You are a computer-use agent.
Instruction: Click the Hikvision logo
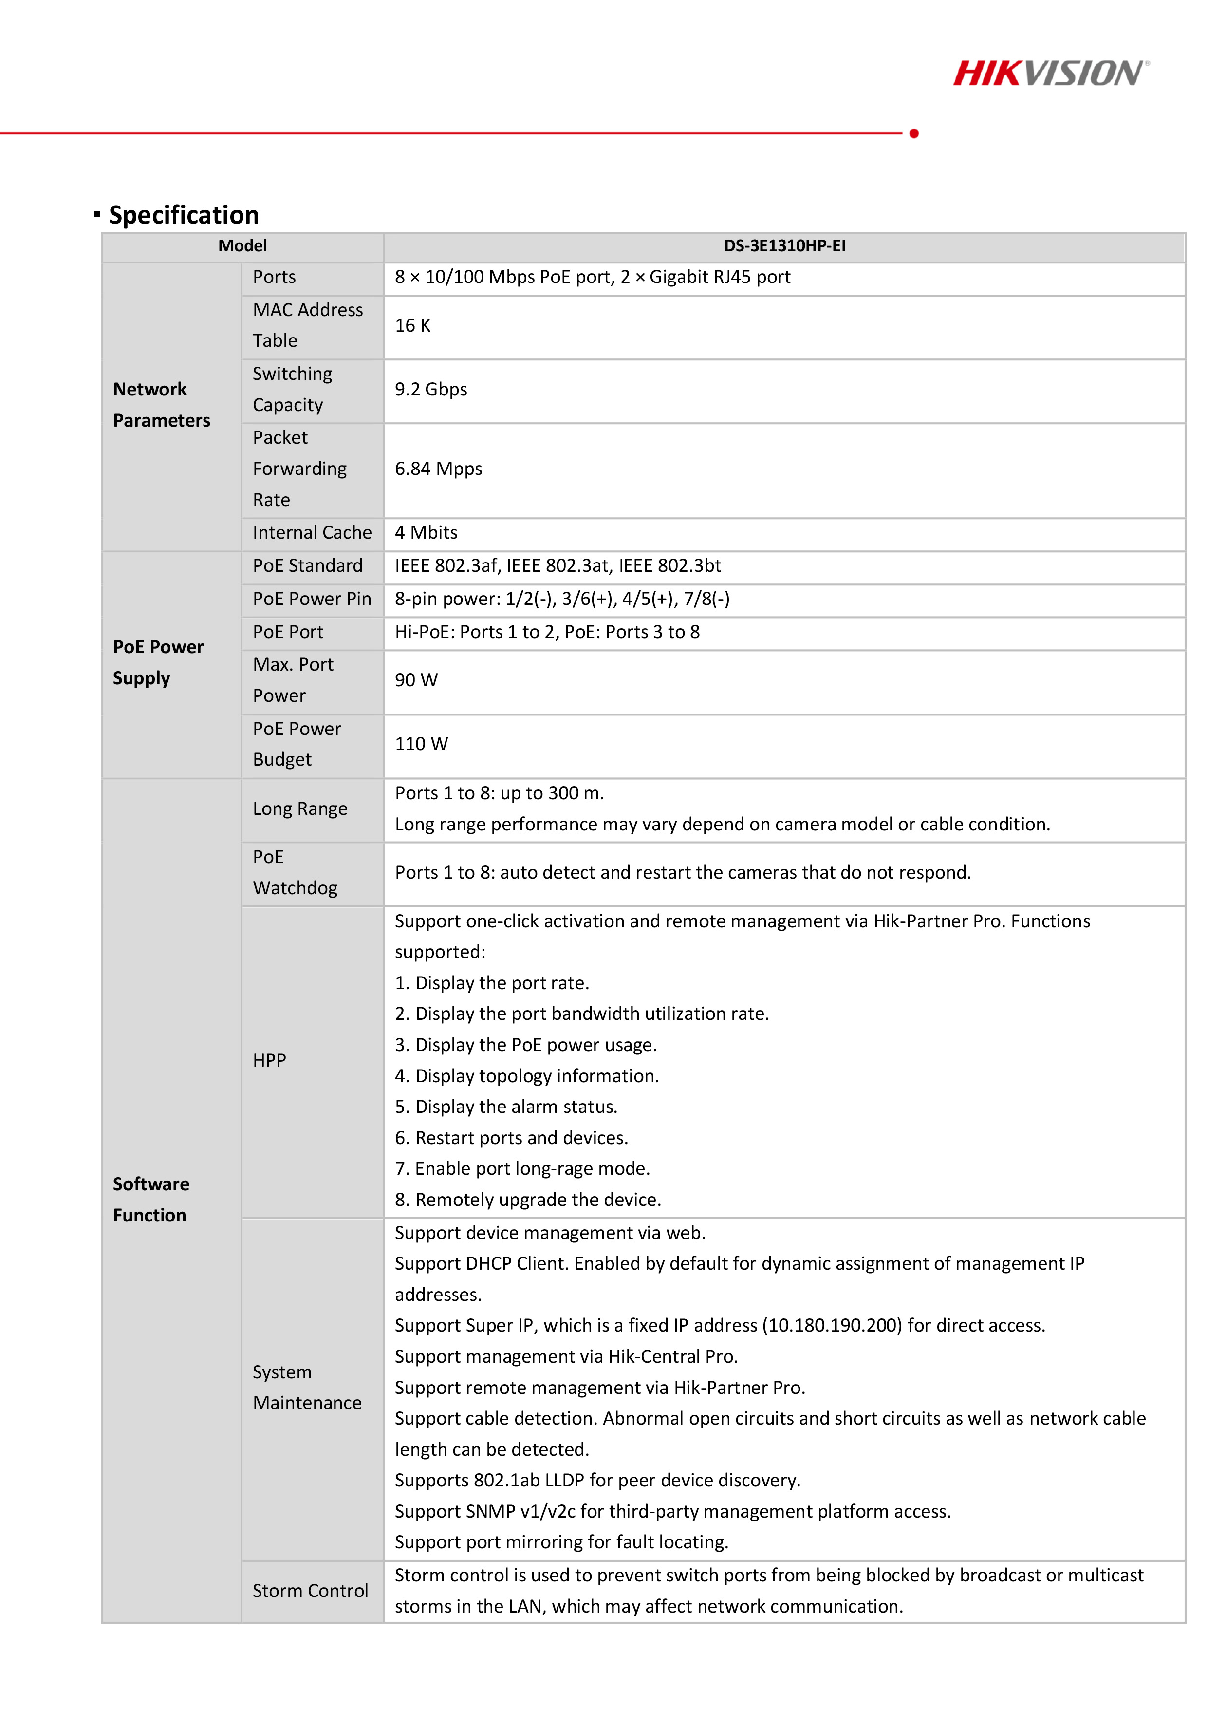(1050, 73)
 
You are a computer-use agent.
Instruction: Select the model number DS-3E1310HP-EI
(784, 245)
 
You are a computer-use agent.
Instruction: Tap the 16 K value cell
(412, 326)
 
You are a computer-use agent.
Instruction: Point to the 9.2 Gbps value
(431, 389)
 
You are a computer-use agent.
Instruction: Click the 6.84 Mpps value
(438, 469)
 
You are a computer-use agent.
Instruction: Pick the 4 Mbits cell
(426, 533)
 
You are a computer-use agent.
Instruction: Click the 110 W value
(421, 744)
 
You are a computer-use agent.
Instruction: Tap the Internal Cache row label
(312, 533)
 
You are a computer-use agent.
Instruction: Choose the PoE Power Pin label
(312, 599)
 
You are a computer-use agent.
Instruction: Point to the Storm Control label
(310, 1591)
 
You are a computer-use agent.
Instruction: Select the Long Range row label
(300, 809)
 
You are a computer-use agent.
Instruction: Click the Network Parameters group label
(162, 405)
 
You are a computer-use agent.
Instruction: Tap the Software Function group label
(151, 1199)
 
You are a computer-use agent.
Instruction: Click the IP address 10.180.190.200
(835, 1326)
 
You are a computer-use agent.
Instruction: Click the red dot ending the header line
(914, 134)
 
